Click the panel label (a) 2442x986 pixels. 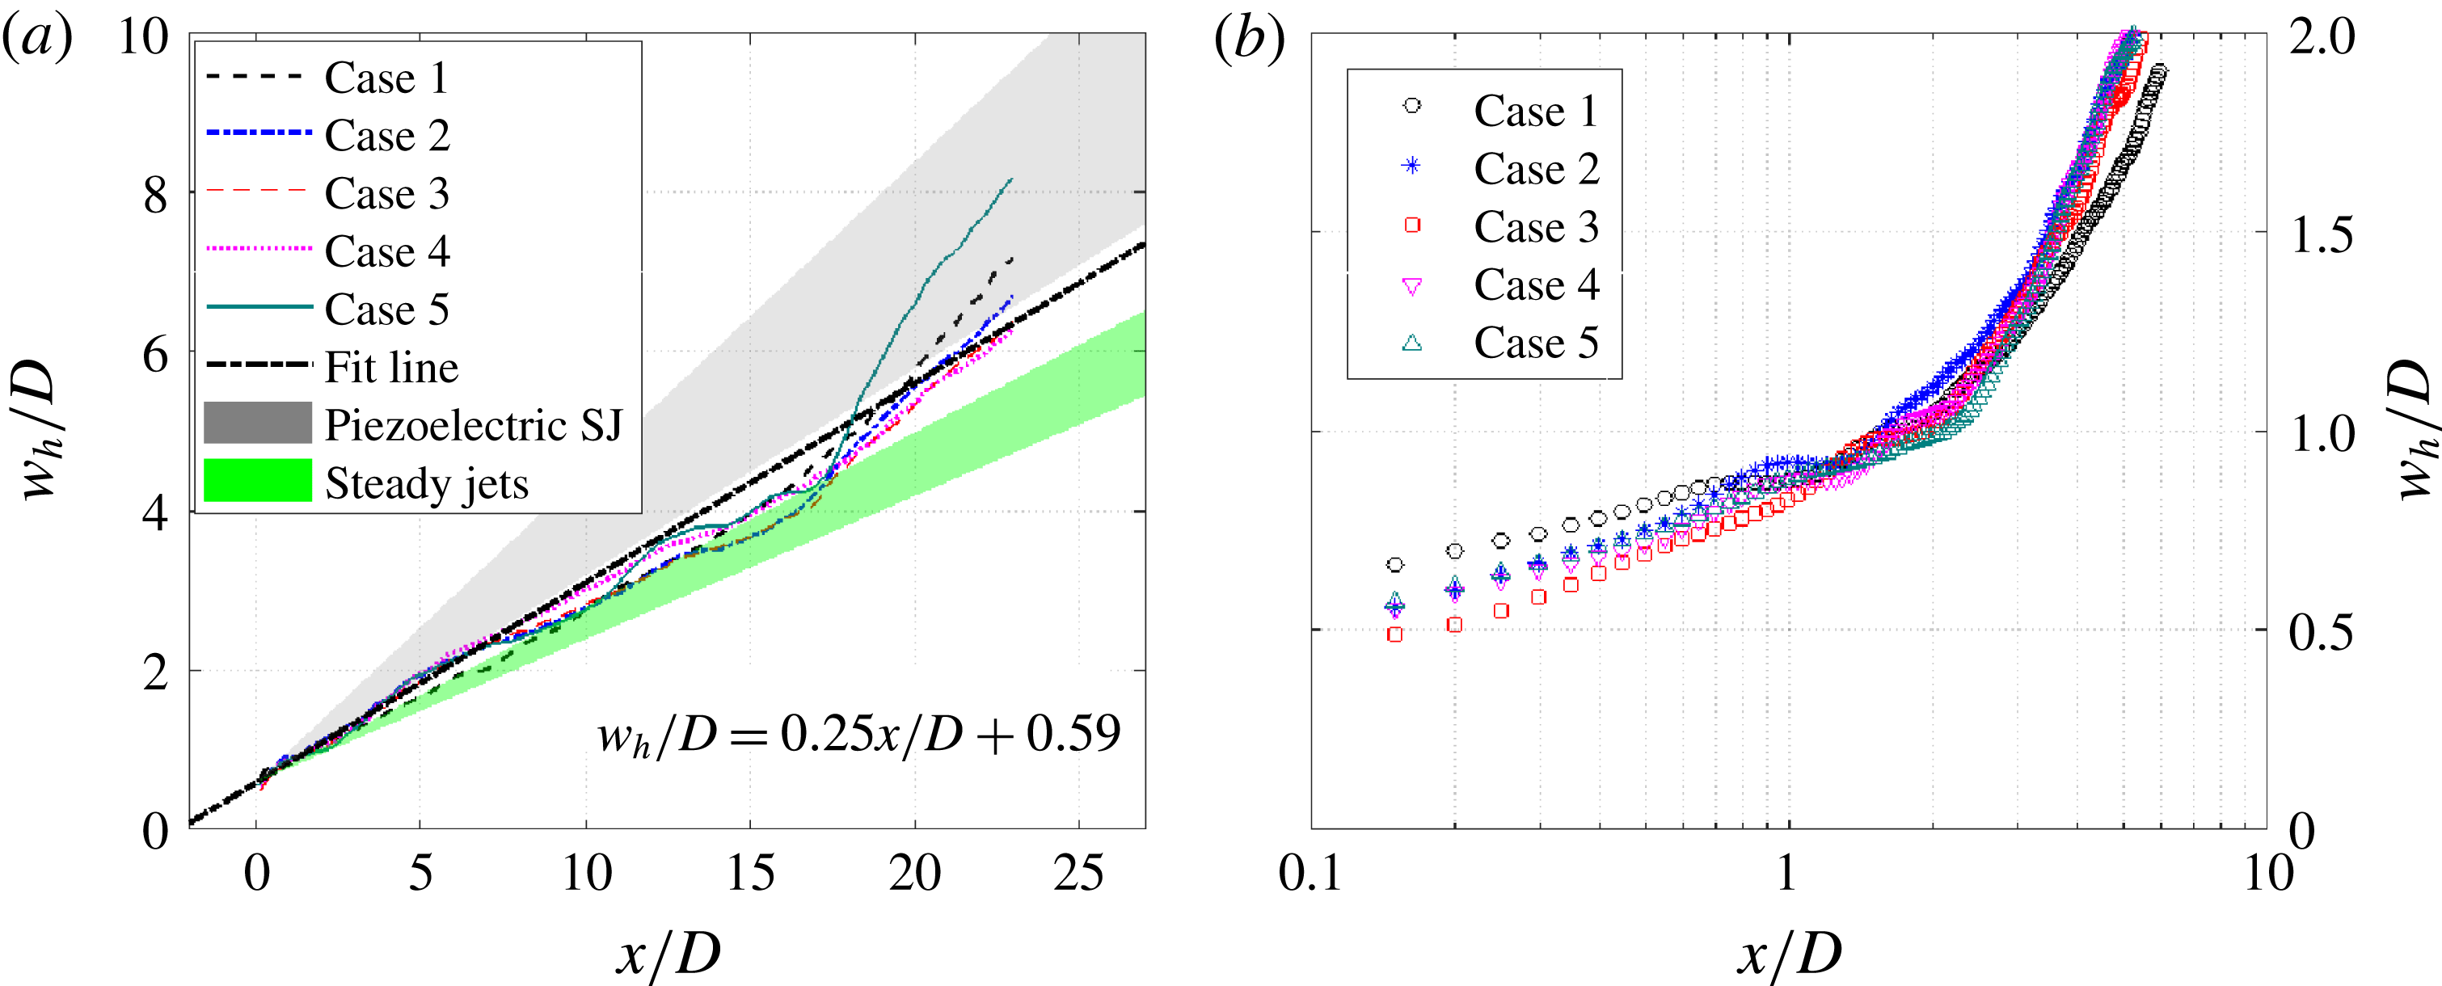pyautogui.click(x=38, y=40)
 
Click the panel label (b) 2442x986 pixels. pyautogui.click(x=1249, y=40)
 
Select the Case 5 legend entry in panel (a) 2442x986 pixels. pyautogui.click(x=386, y=309)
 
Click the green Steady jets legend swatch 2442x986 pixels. pyautogui.click(x=258, y=481)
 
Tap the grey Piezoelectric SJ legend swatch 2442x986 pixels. pyautogui.click(x=258, y=423)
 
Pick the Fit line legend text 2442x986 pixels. pyautogui.click(x=391, y=367)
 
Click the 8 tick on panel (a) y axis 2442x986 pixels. pyautogui.click(x=155, y=196)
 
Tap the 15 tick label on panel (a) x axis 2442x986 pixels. pyautogui.click(x=750, y=872)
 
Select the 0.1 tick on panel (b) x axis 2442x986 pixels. pyautogui.click(x=1311, y=872)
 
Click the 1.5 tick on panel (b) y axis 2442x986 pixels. pyautogui.click(x=2321, y=234)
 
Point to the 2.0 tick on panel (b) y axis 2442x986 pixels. pyautogui.click(x=2321, y=38)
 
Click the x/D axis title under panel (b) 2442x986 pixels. pyautogui.click(x=1788, y=953)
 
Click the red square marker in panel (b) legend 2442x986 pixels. pyautogui.click(x=1411, y=225)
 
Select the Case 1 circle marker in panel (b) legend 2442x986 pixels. pyautogui.click(x=1411, y=106)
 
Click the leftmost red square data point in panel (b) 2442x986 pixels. pyautogui.click(x=1394, y=634)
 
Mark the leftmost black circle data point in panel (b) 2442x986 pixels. pyautogui.click(x=1394, y=564)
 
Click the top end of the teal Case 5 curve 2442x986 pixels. pyautogui.click(x=1011, y=179)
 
